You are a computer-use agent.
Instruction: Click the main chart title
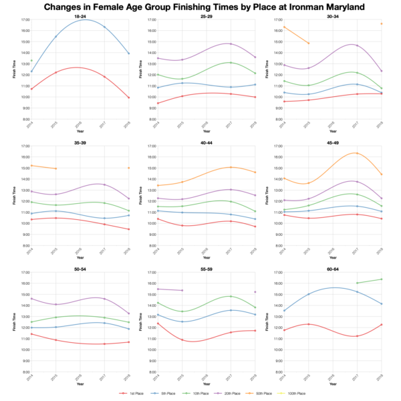pos(200,7)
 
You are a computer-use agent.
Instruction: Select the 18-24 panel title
pos(80,15)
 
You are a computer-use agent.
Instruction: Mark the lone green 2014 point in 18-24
pos(31,61)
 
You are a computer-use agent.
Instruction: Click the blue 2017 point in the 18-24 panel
pos(104,27)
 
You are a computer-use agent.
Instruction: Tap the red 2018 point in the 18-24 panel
pos(128,98)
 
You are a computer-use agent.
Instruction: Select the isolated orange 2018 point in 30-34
pos(380,24)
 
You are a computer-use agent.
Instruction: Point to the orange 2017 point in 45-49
pos(356,153)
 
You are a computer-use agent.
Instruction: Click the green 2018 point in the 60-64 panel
pos(380,279)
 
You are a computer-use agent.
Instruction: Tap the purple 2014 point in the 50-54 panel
pos(31,299)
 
